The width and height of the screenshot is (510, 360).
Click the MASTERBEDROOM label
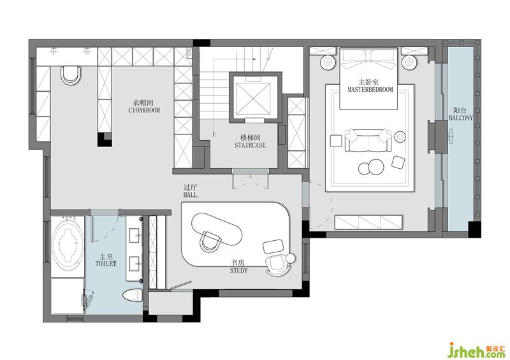click(x=370, y=89)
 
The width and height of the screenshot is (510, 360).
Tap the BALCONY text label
click(x=461, y=118)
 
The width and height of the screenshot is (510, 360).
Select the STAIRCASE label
click(x=250, y=145)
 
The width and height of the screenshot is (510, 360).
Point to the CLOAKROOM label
click(x=144, y=110)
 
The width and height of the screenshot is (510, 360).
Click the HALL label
click(x=190, y=195)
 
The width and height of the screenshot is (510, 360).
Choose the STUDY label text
click(x=238, y=270)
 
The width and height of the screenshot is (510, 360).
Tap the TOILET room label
click(x=106, y=263)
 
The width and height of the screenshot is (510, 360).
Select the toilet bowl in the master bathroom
click(x=133, y=296)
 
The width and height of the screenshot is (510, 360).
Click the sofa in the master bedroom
click(x=368, y=140)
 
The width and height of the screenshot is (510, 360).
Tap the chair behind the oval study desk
click(x=210, y=241)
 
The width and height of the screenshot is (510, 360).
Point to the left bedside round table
click(x=328, y=62)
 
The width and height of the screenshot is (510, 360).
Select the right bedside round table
click(x=409, y=62)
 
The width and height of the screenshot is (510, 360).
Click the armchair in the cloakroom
click(x=71, y=75)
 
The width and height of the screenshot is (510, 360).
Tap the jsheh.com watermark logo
click(x=478, y=350)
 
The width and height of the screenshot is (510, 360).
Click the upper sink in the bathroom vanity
click(x=135, y=235)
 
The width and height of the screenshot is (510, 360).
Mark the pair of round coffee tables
click(x=371, y=167)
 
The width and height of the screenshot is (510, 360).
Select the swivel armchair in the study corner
click(x=277, y=264)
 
